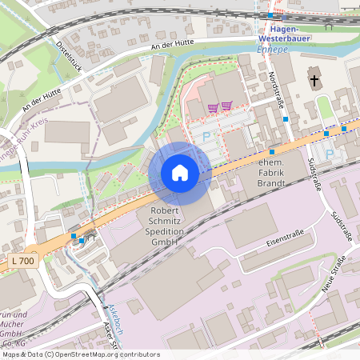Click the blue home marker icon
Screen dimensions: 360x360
coord(180,173)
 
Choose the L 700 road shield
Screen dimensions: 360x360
coord(24,261)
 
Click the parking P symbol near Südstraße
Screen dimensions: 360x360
coord(328,153)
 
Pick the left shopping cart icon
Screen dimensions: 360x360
coord(212,106)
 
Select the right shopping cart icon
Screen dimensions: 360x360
coord(226,106)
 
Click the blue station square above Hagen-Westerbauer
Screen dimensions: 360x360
coord(270,14)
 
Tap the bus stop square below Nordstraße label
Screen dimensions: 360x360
coord(286,118)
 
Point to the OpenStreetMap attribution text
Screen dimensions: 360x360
coord(82,354)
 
